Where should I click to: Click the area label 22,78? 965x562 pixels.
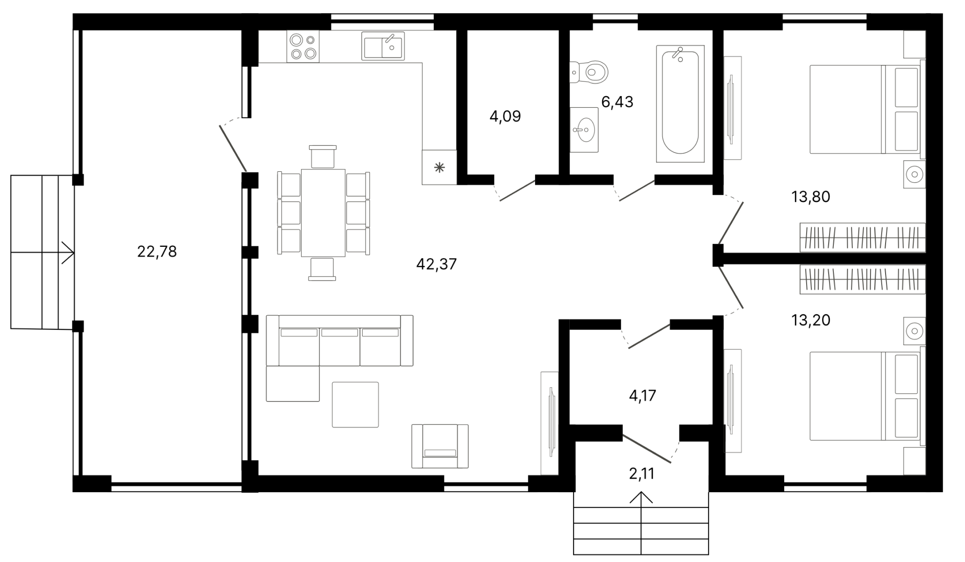[x=157, y=252]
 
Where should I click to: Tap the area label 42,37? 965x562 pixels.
[x=437, y=264]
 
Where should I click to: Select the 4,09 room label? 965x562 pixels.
[x=505, y=117]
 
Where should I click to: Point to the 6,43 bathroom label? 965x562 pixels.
[x=618, y=102]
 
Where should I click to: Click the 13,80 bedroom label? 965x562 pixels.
[x=811, y=197]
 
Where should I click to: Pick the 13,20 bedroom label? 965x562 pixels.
[x=811, y=321]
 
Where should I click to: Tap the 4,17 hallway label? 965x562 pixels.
[x=642, y=396]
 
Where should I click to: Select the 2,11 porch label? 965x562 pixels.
[x=642, y=474]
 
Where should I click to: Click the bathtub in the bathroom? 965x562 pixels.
[x=680, y=104]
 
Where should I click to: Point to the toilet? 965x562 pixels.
[x=589, y=73]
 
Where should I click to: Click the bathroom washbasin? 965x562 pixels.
[x=584, y=130]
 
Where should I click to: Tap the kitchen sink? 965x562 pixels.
[x=383, y=46]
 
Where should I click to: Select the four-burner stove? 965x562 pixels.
[x=303, y=46]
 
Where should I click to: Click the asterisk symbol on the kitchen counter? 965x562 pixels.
[x=440, y=168]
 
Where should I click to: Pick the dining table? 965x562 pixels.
[x=323, y=213]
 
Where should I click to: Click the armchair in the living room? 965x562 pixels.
[x=440, y=446]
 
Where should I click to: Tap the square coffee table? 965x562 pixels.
[x=355, y=405]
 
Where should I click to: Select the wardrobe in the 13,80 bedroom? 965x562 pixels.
[x=863, y=238]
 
